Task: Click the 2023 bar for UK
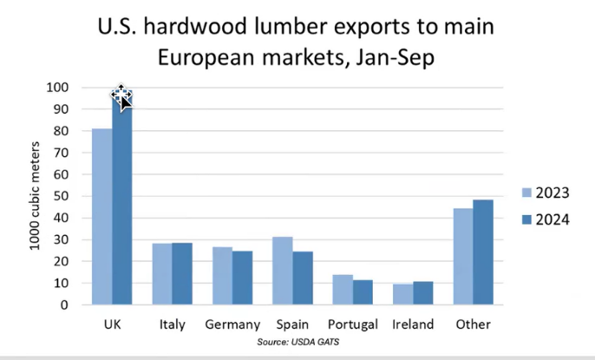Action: pyautogui.click(x=101, y=217)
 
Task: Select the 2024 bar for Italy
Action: pyautogui.click(x=182, y=274)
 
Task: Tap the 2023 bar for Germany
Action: pyautogui.click(x=222, y=276)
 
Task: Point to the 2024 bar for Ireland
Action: pyautogui.click(x=422, y=293)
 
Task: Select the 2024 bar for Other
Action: pyautogui.click(x=482, y=252)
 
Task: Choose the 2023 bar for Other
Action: pyautogui.click(x=462, y=257)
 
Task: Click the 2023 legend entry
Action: pyautogui.click(x=545, y=193)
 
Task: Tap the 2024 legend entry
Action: pyautogui.click(x=545, y=219)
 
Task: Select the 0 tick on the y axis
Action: pyautogui.click(x=63, y=305)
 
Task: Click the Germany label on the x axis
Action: pyautogui.click(x=232, y=325)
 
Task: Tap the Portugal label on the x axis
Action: pyautogui.click(x=352, y=325)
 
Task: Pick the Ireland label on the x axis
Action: pyautogui.click(x=412, y=325)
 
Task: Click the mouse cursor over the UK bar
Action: pyautogui.click(x=122, y=98)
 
